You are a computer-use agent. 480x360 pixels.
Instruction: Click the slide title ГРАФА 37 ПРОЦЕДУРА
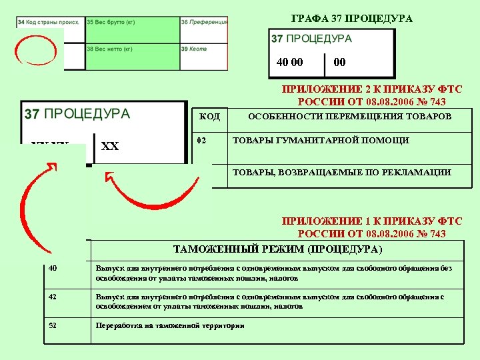pyautogui.click(x=352, y=19)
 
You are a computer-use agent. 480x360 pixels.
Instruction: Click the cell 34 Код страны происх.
pyautogui.click(x=50, y=22)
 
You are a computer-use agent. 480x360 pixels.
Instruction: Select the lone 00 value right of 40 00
pyautogui.click(x=339, y=62)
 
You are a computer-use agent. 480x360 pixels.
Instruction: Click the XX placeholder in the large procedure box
pyautogui.click(x=110, y=146)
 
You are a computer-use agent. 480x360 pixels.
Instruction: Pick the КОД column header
pyautogui.click(x=210, y=117)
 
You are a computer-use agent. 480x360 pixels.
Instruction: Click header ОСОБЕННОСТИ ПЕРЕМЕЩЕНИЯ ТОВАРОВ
pyautogui.click(x=349, y=117)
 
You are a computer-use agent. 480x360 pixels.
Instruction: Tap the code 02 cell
pyautogui.click(x=202, y=141)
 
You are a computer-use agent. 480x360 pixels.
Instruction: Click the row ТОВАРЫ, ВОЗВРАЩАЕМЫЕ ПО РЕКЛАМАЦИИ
pyautogui.click(x=341, y=173)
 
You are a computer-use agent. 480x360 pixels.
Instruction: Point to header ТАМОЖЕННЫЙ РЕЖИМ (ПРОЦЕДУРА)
pyautogui.click(x=277, y=250)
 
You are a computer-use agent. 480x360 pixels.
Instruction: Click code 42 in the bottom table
pyautogui.click(x=53, y=296)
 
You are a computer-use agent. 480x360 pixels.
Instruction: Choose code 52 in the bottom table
pyautogui.click(x=53, y=325)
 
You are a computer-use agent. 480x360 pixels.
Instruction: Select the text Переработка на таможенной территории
pyautogui.click(x=170, y=326)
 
